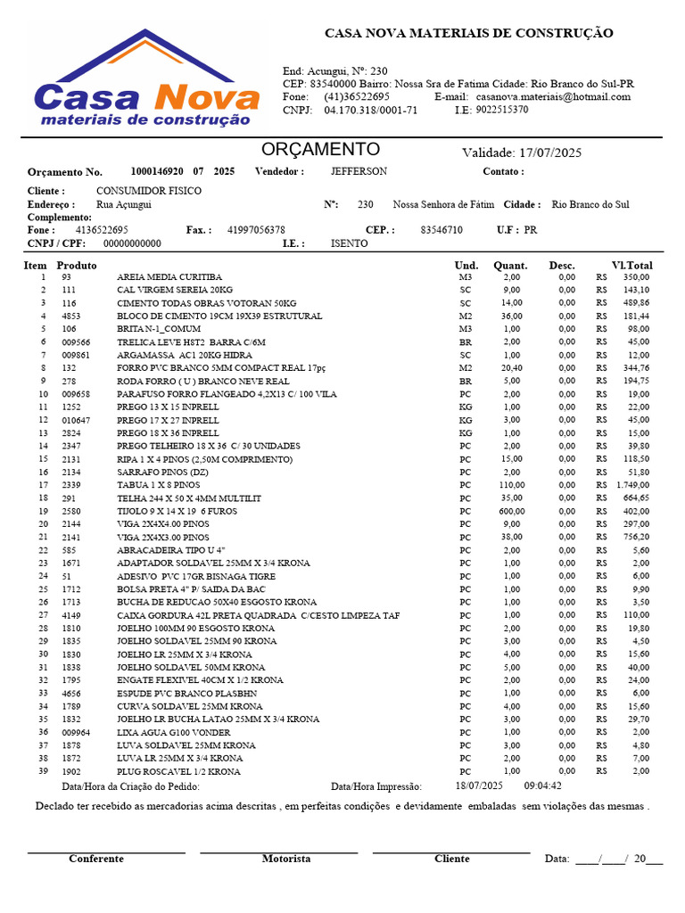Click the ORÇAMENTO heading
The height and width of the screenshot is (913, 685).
[x=320, y=150]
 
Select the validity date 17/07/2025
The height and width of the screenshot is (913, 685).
[x=549, y=152]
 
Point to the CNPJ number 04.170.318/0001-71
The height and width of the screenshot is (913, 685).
[x=370, y=111]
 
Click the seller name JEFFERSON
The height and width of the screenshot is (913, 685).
[x=359, y=171]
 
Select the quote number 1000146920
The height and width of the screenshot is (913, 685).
[x=157, y=171]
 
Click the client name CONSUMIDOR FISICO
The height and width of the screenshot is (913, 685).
[x=148, y=191]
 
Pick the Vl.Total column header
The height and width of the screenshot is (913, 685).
[x=631, y=266]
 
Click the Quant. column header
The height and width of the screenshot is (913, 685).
[x=510, y=266]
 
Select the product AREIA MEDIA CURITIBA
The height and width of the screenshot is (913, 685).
[x=169, y=277]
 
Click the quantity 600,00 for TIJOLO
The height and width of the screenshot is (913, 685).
[x=512, y=512]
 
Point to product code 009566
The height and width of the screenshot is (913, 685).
[x=76, y=342]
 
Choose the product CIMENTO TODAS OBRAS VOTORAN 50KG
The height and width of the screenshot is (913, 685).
[x=206, y=303]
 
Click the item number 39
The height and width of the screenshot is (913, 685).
[x=43, y=771]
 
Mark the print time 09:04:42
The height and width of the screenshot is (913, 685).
[x=542, y=786]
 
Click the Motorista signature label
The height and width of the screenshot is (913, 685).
[x=286, y=859]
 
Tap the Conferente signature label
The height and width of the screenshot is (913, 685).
[x=96, y=859]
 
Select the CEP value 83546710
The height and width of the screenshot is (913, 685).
[x=442, y=230]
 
